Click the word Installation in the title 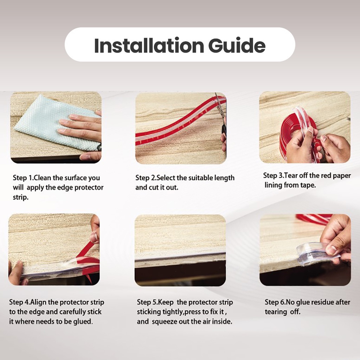149,45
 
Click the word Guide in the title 237,45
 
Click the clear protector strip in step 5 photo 180,259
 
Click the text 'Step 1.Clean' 32,178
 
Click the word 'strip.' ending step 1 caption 21,198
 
